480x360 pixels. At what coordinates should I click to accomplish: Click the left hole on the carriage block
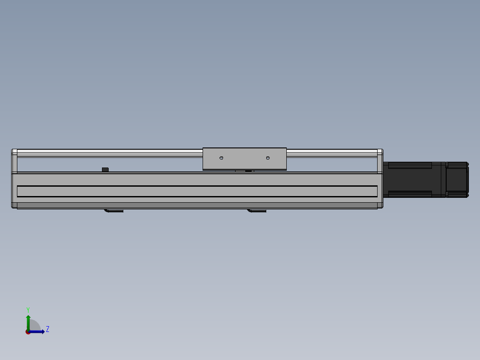[x=221, y=158]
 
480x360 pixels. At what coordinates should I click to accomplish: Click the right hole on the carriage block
[x=268, y=158]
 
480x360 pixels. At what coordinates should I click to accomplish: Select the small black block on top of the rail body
[x=105, y=170]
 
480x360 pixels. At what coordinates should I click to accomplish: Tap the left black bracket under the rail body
[x=114, y=211]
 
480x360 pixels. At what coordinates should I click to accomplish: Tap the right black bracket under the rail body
[x=256, y=211]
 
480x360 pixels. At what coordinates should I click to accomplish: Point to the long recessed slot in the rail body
[x=197, y=191]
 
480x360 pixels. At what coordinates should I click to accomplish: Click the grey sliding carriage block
[x=244, y=159]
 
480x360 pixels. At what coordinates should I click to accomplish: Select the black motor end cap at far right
[x=457, y=180]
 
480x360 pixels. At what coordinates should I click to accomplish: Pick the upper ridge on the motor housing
[x=410, y=166]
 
